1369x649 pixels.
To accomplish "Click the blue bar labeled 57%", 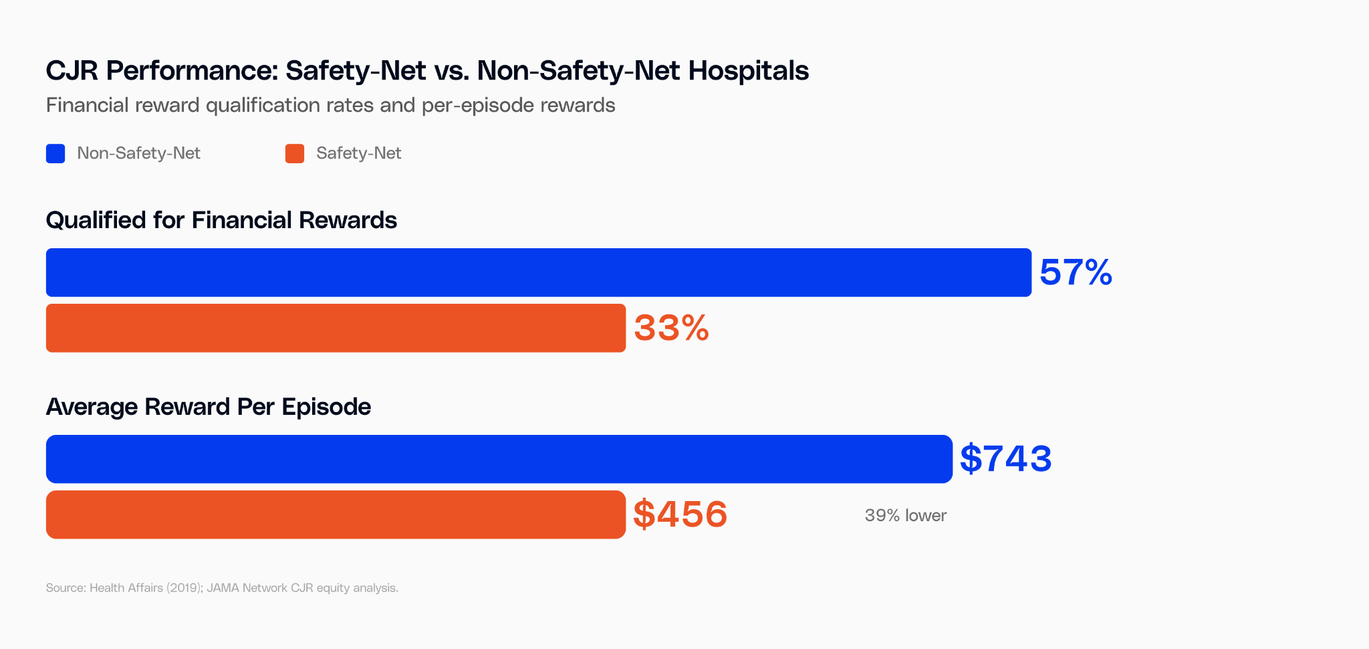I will [538, 272].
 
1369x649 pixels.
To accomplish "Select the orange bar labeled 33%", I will [336, 328].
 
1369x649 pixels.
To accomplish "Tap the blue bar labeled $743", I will [499, 459].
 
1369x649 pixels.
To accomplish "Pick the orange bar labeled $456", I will [336, 515].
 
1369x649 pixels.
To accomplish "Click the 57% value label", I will [1076, 273].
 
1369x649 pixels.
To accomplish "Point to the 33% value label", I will [671, 329].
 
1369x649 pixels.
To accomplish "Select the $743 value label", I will [1005, 459].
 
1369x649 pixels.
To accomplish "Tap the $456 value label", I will [680, 515].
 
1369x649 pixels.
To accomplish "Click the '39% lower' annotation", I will [905, 515].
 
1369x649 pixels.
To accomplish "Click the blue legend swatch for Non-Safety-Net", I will [55, 153].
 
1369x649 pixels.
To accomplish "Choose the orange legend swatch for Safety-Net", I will [295, 153].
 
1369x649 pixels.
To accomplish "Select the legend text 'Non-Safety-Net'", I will [138, 153].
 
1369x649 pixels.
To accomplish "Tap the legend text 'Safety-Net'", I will [358, 153].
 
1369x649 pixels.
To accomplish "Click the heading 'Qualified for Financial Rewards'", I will [221, 220].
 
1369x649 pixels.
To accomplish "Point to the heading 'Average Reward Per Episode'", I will [208, 407].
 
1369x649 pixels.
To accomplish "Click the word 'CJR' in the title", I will [72, 70].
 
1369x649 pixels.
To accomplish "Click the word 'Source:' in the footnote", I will [66, 588].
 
